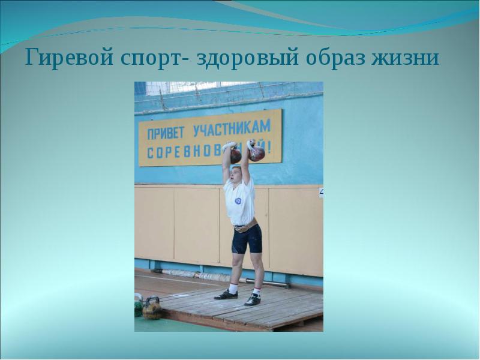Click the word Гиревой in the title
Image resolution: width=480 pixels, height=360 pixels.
click(x=63, y=59)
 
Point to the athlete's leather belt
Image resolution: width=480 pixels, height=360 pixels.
click(x=244, y=227)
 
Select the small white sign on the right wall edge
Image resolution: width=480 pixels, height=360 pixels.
click(x=320, y=192)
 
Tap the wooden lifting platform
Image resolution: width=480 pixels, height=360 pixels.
click(x=240, y=309)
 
